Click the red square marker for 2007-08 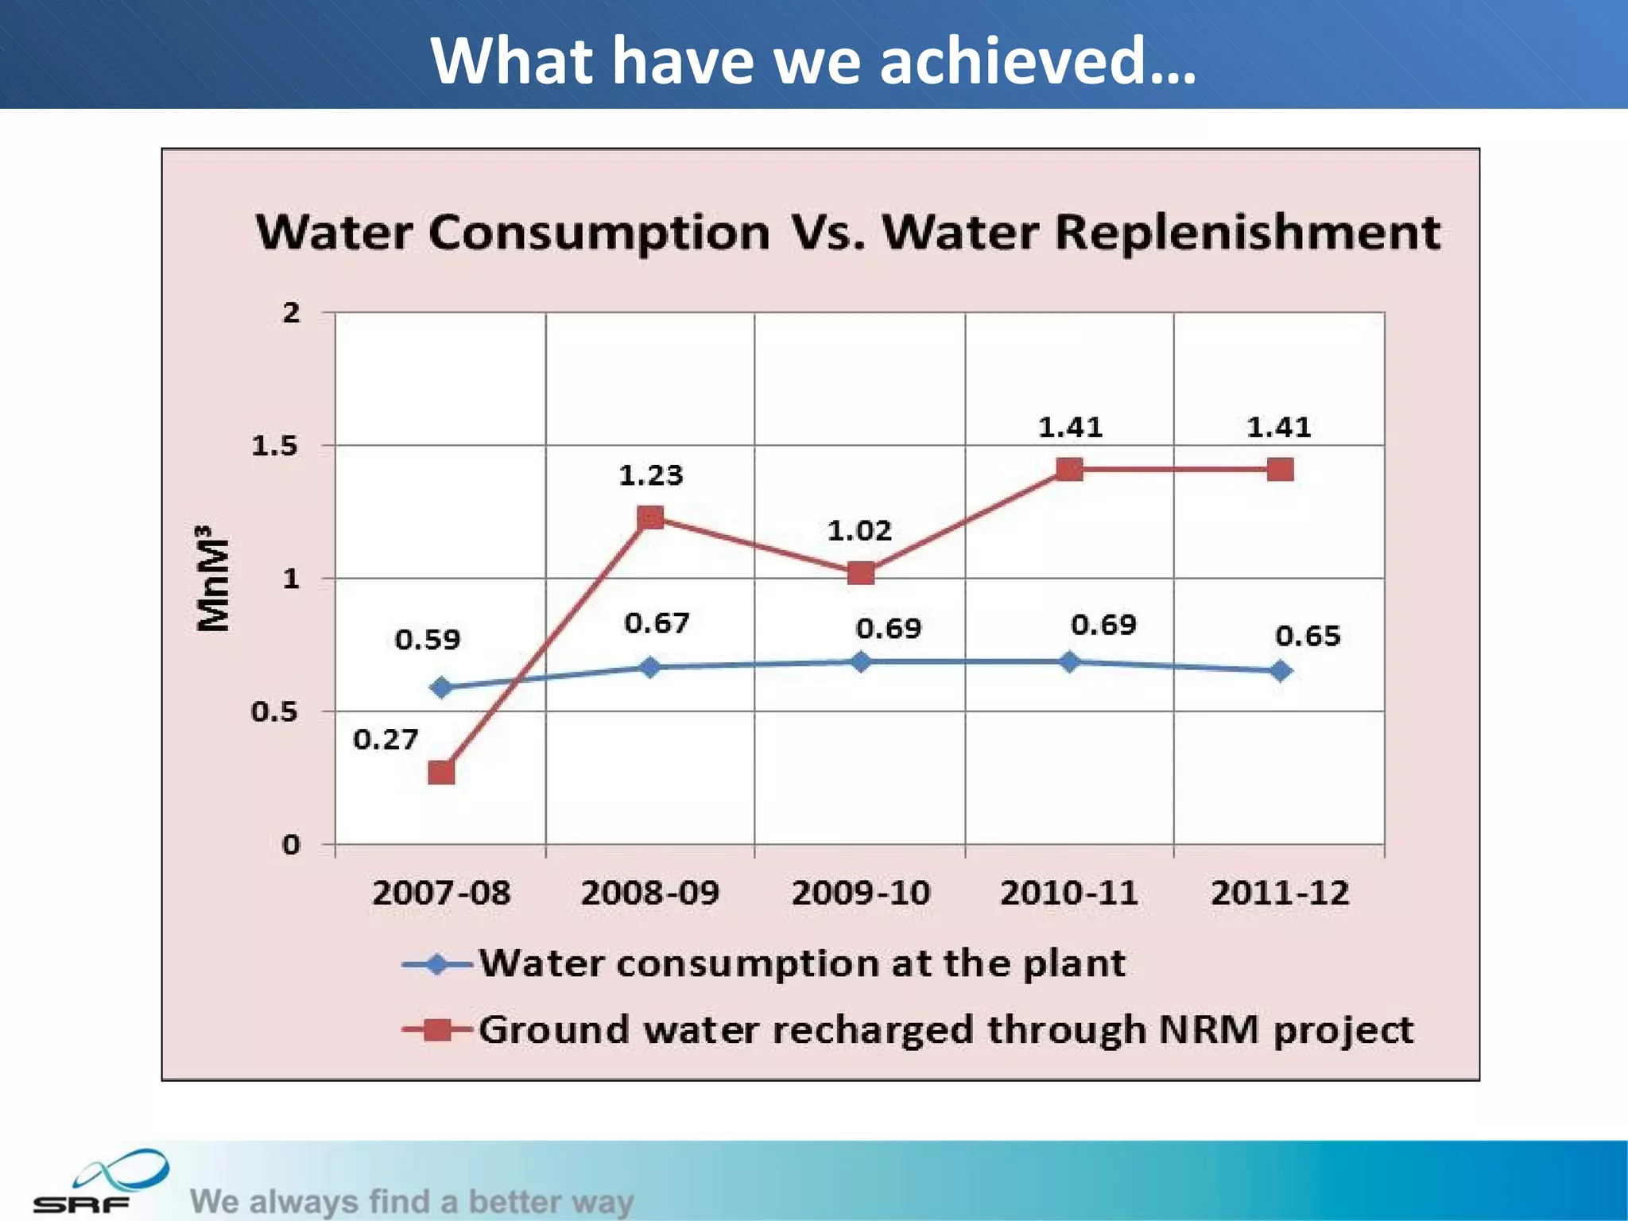click(x=441, y=772)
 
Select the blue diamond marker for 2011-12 click(x=1280, y=672)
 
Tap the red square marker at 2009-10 click(x=860, y=573)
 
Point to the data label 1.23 click(x=650, y=475)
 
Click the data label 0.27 click(x=386, y=740)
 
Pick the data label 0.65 click(x=1308, y=636)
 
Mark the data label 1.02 click(x=859, y=530)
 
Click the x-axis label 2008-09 click(x=649, y=893)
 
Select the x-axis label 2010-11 click(x=1068, y=893)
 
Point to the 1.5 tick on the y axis click(x=275, y=446)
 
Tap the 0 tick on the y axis click(x=291, y=845)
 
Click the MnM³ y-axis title click(x=213, y=578)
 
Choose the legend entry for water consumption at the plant click(x=801, y=964)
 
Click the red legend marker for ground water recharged click(x=437, y=1031)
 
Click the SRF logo click(x=99, y=1182)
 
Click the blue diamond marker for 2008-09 click(x=649, y=667)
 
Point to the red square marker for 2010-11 click(x=1069, y=470)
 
